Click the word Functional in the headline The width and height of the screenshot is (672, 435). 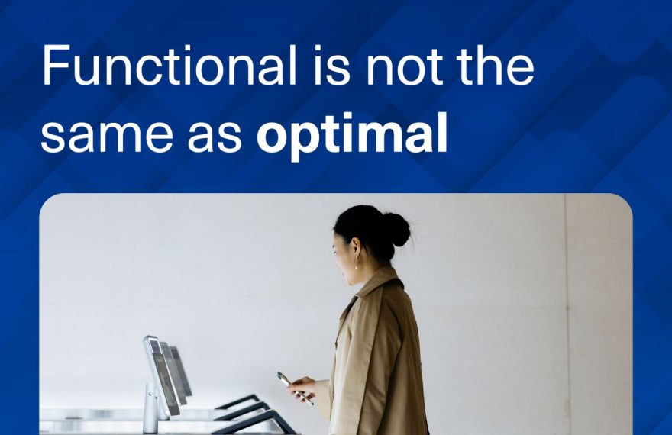170,66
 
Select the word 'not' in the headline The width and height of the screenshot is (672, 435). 405,68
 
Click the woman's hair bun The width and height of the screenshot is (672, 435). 397,230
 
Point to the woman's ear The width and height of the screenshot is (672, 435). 355,247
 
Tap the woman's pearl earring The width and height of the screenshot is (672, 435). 356,266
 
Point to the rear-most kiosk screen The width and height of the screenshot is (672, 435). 181,371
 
